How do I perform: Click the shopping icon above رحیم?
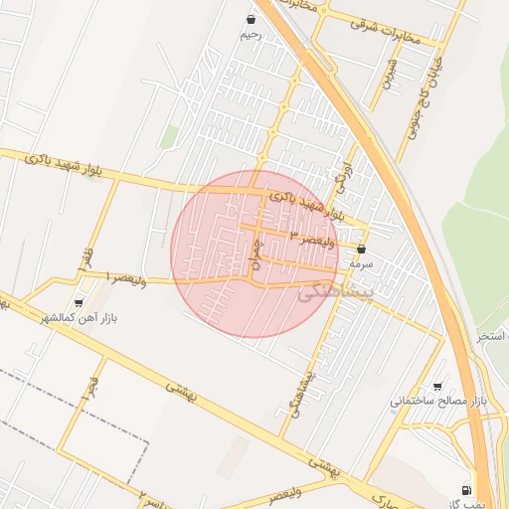(x=251, y=18)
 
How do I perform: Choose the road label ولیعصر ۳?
(x=319, y=236)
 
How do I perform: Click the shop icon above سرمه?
(x=360, y=249)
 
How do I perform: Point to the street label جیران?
(x=255, y=250)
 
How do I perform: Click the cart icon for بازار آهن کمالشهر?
(x=79, y=302)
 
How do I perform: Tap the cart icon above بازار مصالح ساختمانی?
(x=437, y=386)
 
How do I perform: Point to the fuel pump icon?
(x=466, y=489)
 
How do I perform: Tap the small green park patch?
(x=170, y=136)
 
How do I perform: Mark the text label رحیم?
(x=251, y=35)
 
